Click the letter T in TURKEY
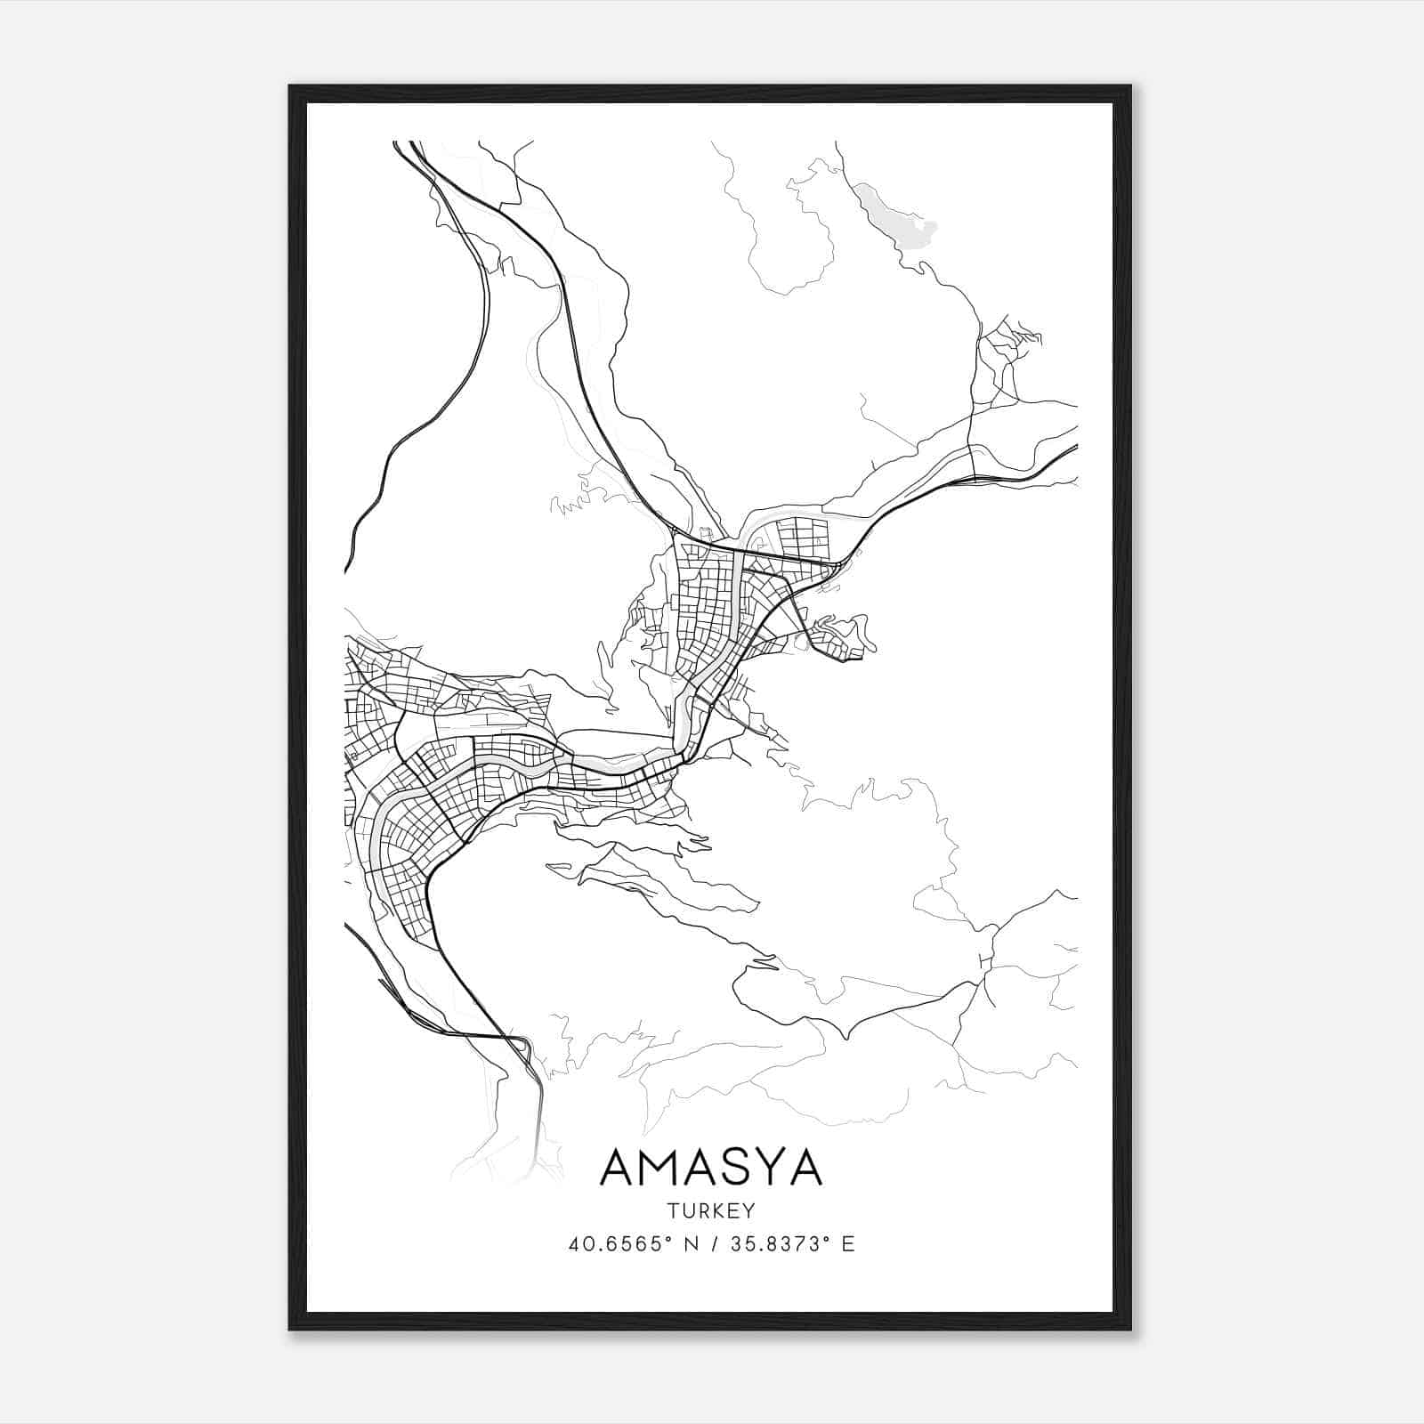click(670, 1211)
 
